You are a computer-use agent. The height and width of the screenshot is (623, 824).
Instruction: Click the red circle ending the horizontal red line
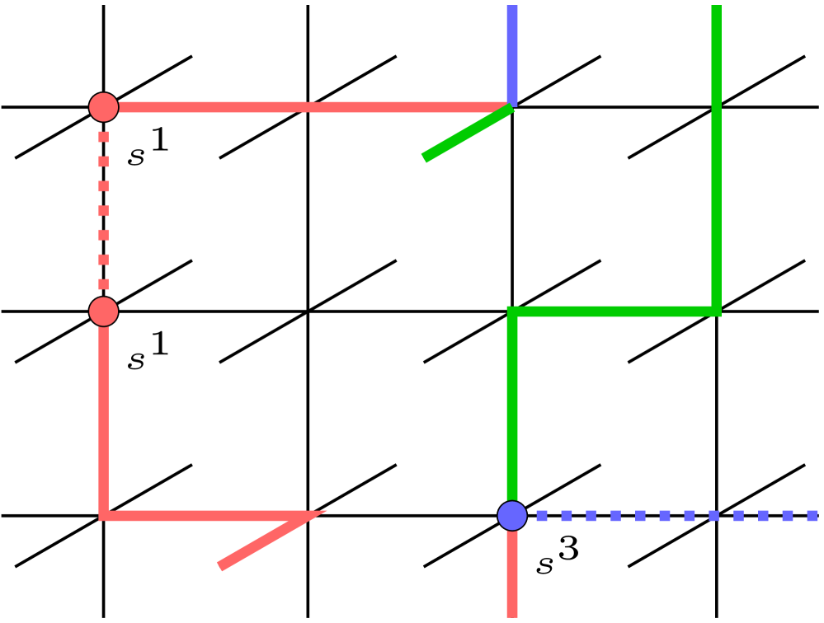104,107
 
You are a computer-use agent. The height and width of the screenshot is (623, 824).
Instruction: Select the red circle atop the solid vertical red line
104,311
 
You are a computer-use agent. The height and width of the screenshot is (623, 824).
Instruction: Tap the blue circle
512,516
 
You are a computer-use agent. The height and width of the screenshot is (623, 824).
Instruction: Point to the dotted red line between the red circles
104,210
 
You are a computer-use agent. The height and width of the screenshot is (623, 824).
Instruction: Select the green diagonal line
468,133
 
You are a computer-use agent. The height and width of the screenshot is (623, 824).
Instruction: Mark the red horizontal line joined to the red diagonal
206,517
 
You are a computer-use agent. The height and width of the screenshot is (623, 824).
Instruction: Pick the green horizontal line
614,311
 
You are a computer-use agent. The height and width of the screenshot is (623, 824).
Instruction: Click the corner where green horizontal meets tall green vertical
716,311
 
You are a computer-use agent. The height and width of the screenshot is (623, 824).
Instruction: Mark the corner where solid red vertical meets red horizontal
104,517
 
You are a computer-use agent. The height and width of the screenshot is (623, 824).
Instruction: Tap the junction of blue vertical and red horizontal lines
512,107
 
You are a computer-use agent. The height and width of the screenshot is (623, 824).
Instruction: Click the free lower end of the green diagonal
425,157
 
